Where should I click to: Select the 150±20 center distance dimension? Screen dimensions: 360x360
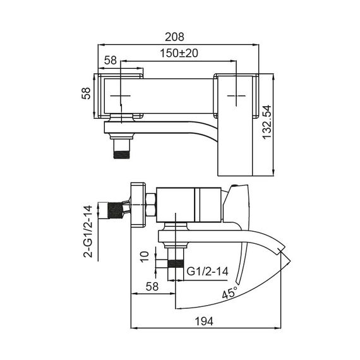click(x=179, y=54)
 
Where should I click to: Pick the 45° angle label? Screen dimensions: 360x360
click(x=230, y=292)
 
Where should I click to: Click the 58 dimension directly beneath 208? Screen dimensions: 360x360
click(x=110, y=61)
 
